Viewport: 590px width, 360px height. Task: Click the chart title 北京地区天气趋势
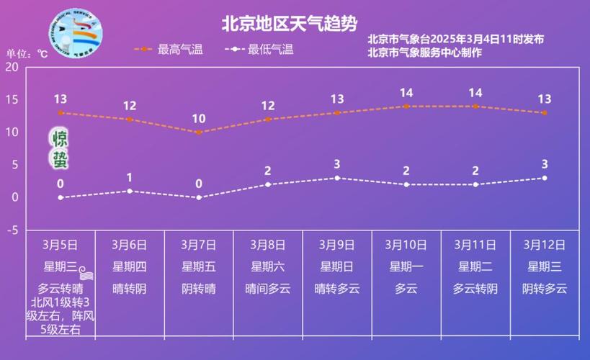pyautogui.click(x=289, y=24)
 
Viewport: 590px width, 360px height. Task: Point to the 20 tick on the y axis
pyautogui.click(x=12, y=67)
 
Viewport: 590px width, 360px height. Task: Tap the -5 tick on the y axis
pyautogui.click(x=12, y=230)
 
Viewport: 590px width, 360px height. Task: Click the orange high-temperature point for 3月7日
pyautogui.click(x=199, y=132)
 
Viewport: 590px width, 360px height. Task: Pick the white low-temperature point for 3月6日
pyautogui.click(x=130, y=191)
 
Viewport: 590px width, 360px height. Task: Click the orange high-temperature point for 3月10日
pyautogui.click(x=406, y=106)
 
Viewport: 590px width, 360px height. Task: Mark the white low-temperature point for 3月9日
pyautogui.click(x=337, y=178)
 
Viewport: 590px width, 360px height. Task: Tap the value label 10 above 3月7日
pyautogui.click(x=199, y=119)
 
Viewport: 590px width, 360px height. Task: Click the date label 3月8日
pyautogui.click(x=268, y=245)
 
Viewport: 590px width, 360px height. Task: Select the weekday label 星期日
pyautogui.click(x=337, y=267)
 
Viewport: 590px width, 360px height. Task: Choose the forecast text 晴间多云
pyautogui.click(x=268, y=289)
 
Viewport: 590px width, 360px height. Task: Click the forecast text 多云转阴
pyautogui.click(x=475, y=289)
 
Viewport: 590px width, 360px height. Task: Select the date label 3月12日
pyautogui.click(x=545, y=245)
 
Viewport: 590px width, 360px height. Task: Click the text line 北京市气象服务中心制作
pyautogui.click(x=424, y=52)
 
